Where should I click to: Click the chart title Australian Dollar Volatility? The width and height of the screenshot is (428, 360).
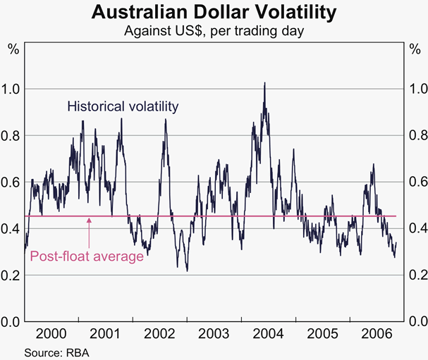pyautogui.click(x=214, y=12)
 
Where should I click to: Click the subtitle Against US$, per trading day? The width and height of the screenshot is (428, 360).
pyautogui.click(x=214, y=30)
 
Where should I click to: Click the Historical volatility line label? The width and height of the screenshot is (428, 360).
pyautogui.click(x=123, y=106)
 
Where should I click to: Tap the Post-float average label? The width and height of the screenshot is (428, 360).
pyautogui.click(x=87, y=256)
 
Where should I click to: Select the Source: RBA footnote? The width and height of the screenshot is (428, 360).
pyautogui.click(x=57, y=352)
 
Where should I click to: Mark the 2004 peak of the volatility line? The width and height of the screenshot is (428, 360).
pyautogui.click(x=264, y=83)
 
